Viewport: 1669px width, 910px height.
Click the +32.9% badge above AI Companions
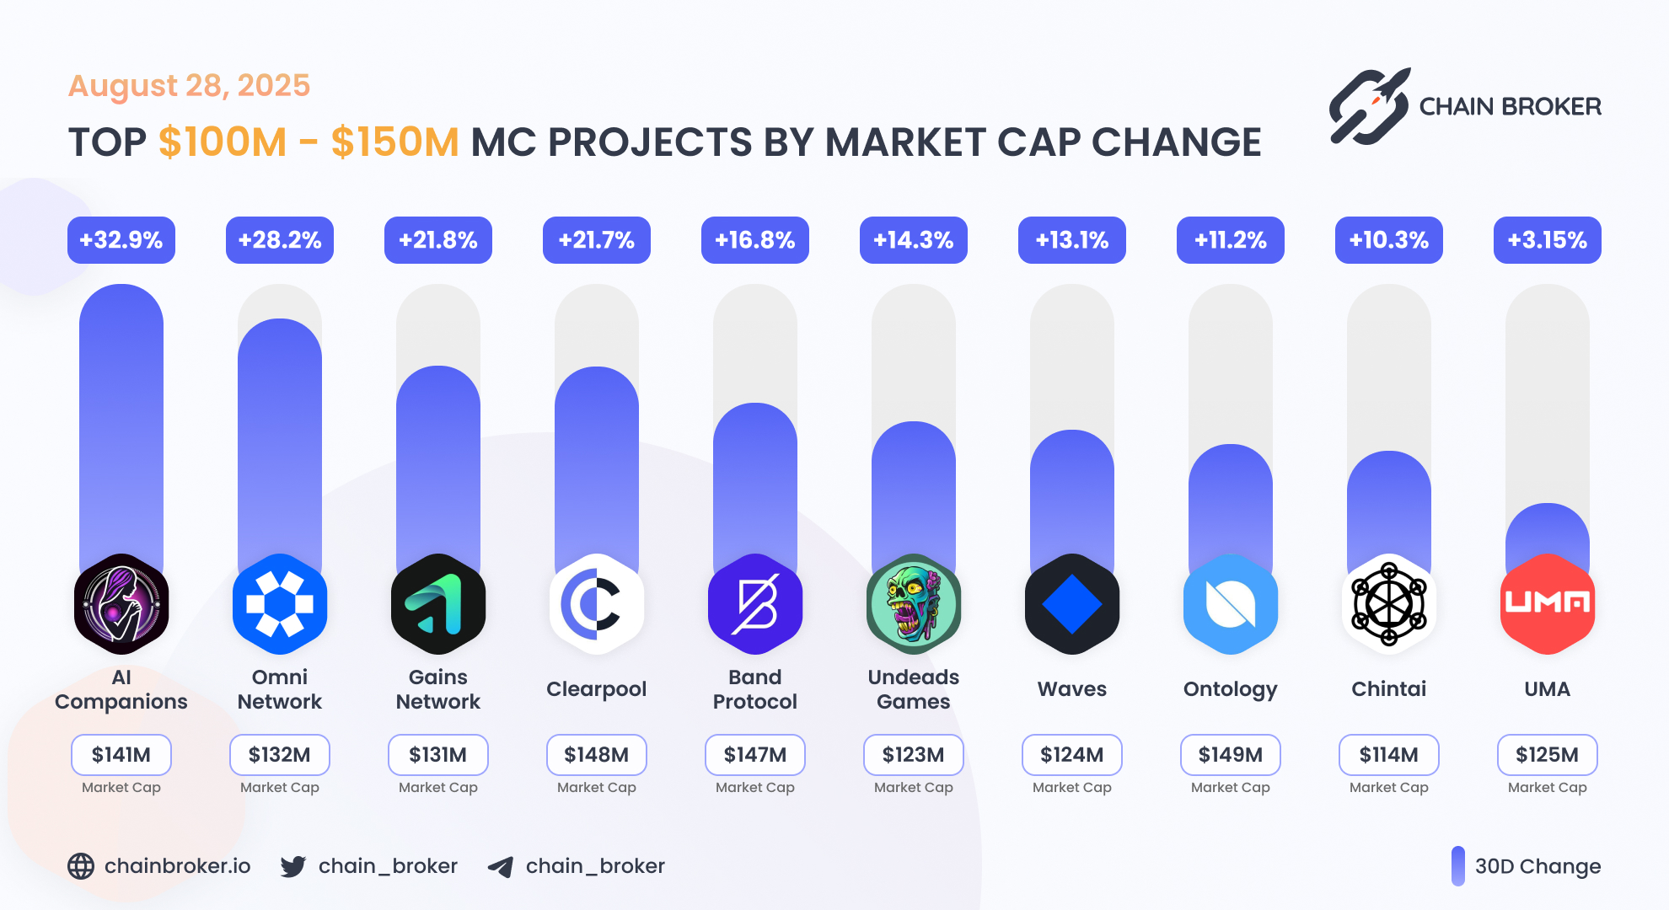click(121, 240)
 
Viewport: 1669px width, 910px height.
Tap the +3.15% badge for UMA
click(1547, 240)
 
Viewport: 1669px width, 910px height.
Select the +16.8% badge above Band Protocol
click(754, 240)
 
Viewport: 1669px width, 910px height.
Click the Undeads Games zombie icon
click(914, 604)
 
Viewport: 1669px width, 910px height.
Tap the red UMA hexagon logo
click(1547, 604)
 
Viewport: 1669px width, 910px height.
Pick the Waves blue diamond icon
click(1071, 604)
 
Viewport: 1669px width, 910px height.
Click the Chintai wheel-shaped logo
click(1388, 604)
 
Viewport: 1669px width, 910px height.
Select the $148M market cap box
click(596, 755)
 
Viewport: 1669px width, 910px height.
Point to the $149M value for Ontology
click(1230, 755)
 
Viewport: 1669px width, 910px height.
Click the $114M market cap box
click(1388, 755)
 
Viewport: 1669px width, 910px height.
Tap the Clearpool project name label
click(596, 689)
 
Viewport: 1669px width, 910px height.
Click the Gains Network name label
click(437, 689)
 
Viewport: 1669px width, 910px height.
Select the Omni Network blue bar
click(280, 438)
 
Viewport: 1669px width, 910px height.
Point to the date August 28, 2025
click(189, 86)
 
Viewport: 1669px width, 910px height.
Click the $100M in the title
click(223, 142)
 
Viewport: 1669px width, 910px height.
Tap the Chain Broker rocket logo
click(1369, 107)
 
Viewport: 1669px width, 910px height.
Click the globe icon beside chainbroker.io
click(81, 866)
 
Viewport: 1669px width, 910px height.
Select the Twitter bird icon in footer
click(292, 866)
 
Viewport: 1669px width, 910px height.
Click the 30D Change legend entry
click(1526, 866)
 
